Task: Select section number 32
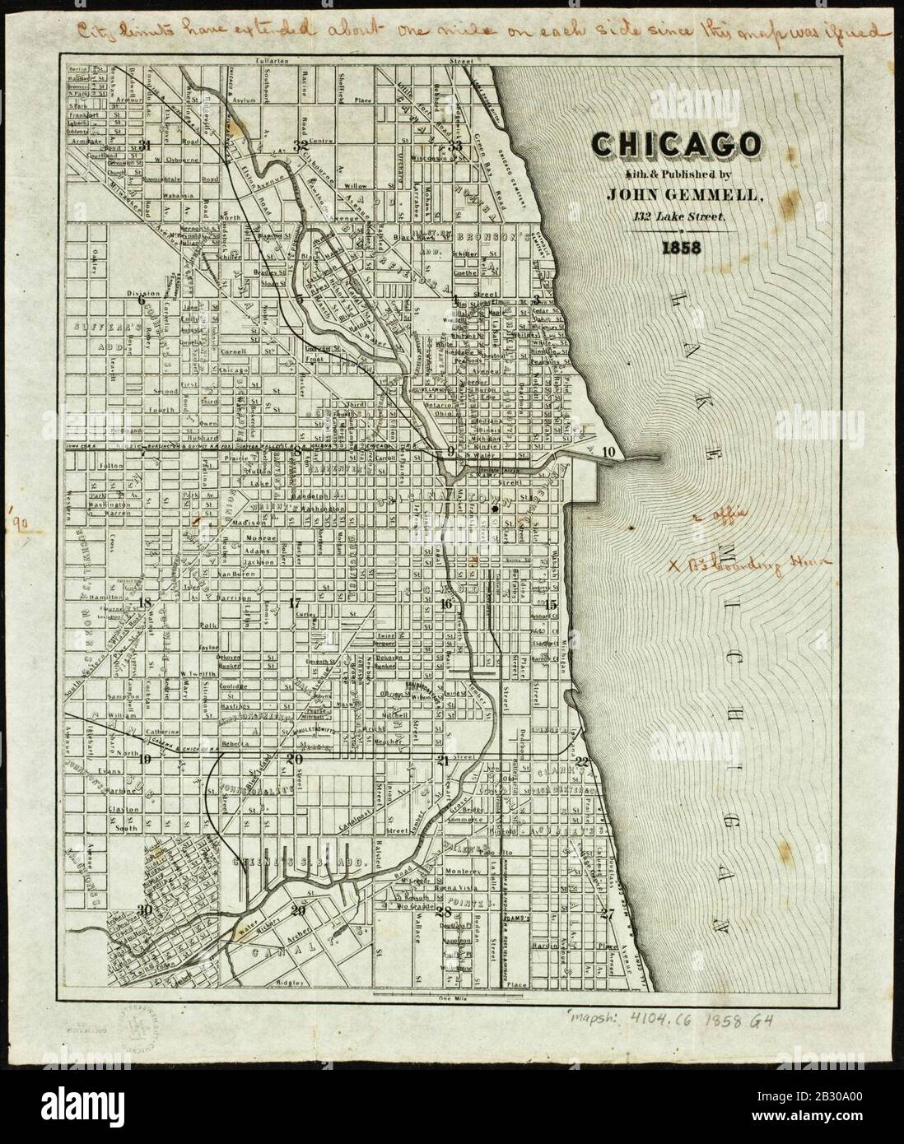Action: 300,145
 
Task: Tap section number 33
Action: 455,145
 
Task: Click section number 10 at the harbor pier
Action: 608,451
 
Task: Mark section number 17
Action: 296,603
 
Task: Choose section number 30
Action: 145,909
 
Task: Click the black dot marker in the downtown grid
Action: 494,509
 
